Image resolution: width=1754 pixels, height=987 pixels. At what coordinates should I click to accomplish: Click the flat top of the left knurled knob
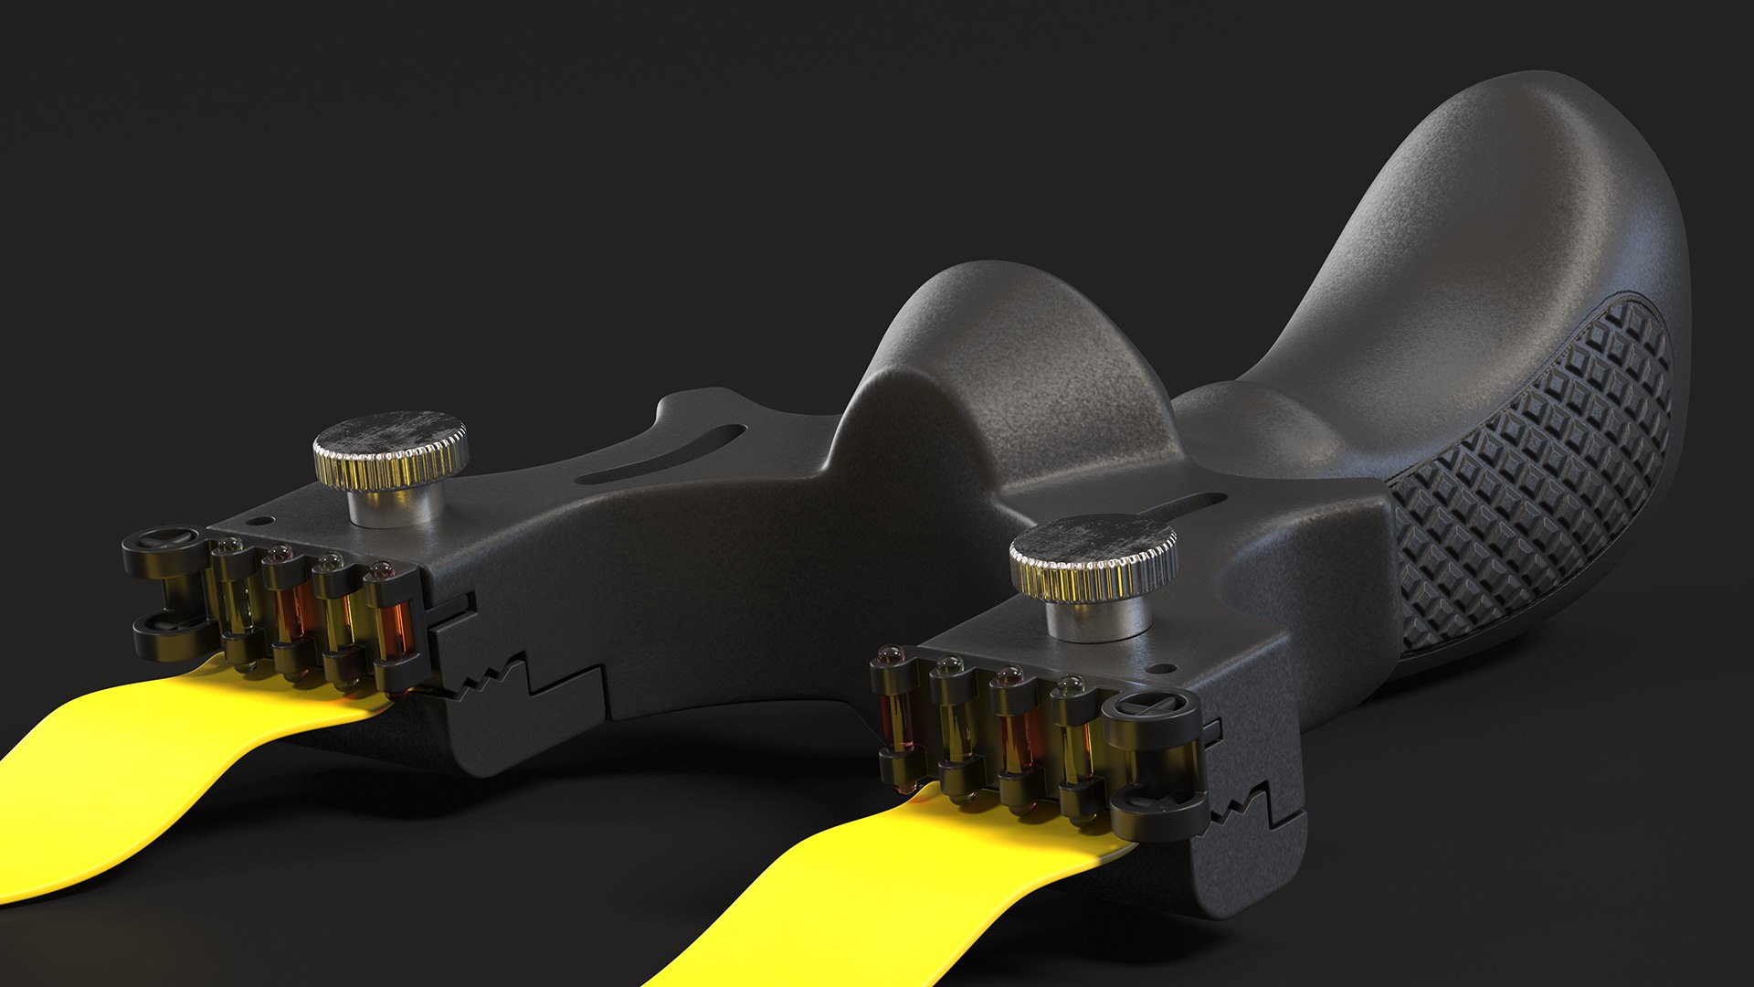pos(388,434)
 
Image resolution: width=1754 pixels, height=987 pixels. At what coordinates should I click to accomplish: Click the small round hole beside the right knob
pos(1164,667)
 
